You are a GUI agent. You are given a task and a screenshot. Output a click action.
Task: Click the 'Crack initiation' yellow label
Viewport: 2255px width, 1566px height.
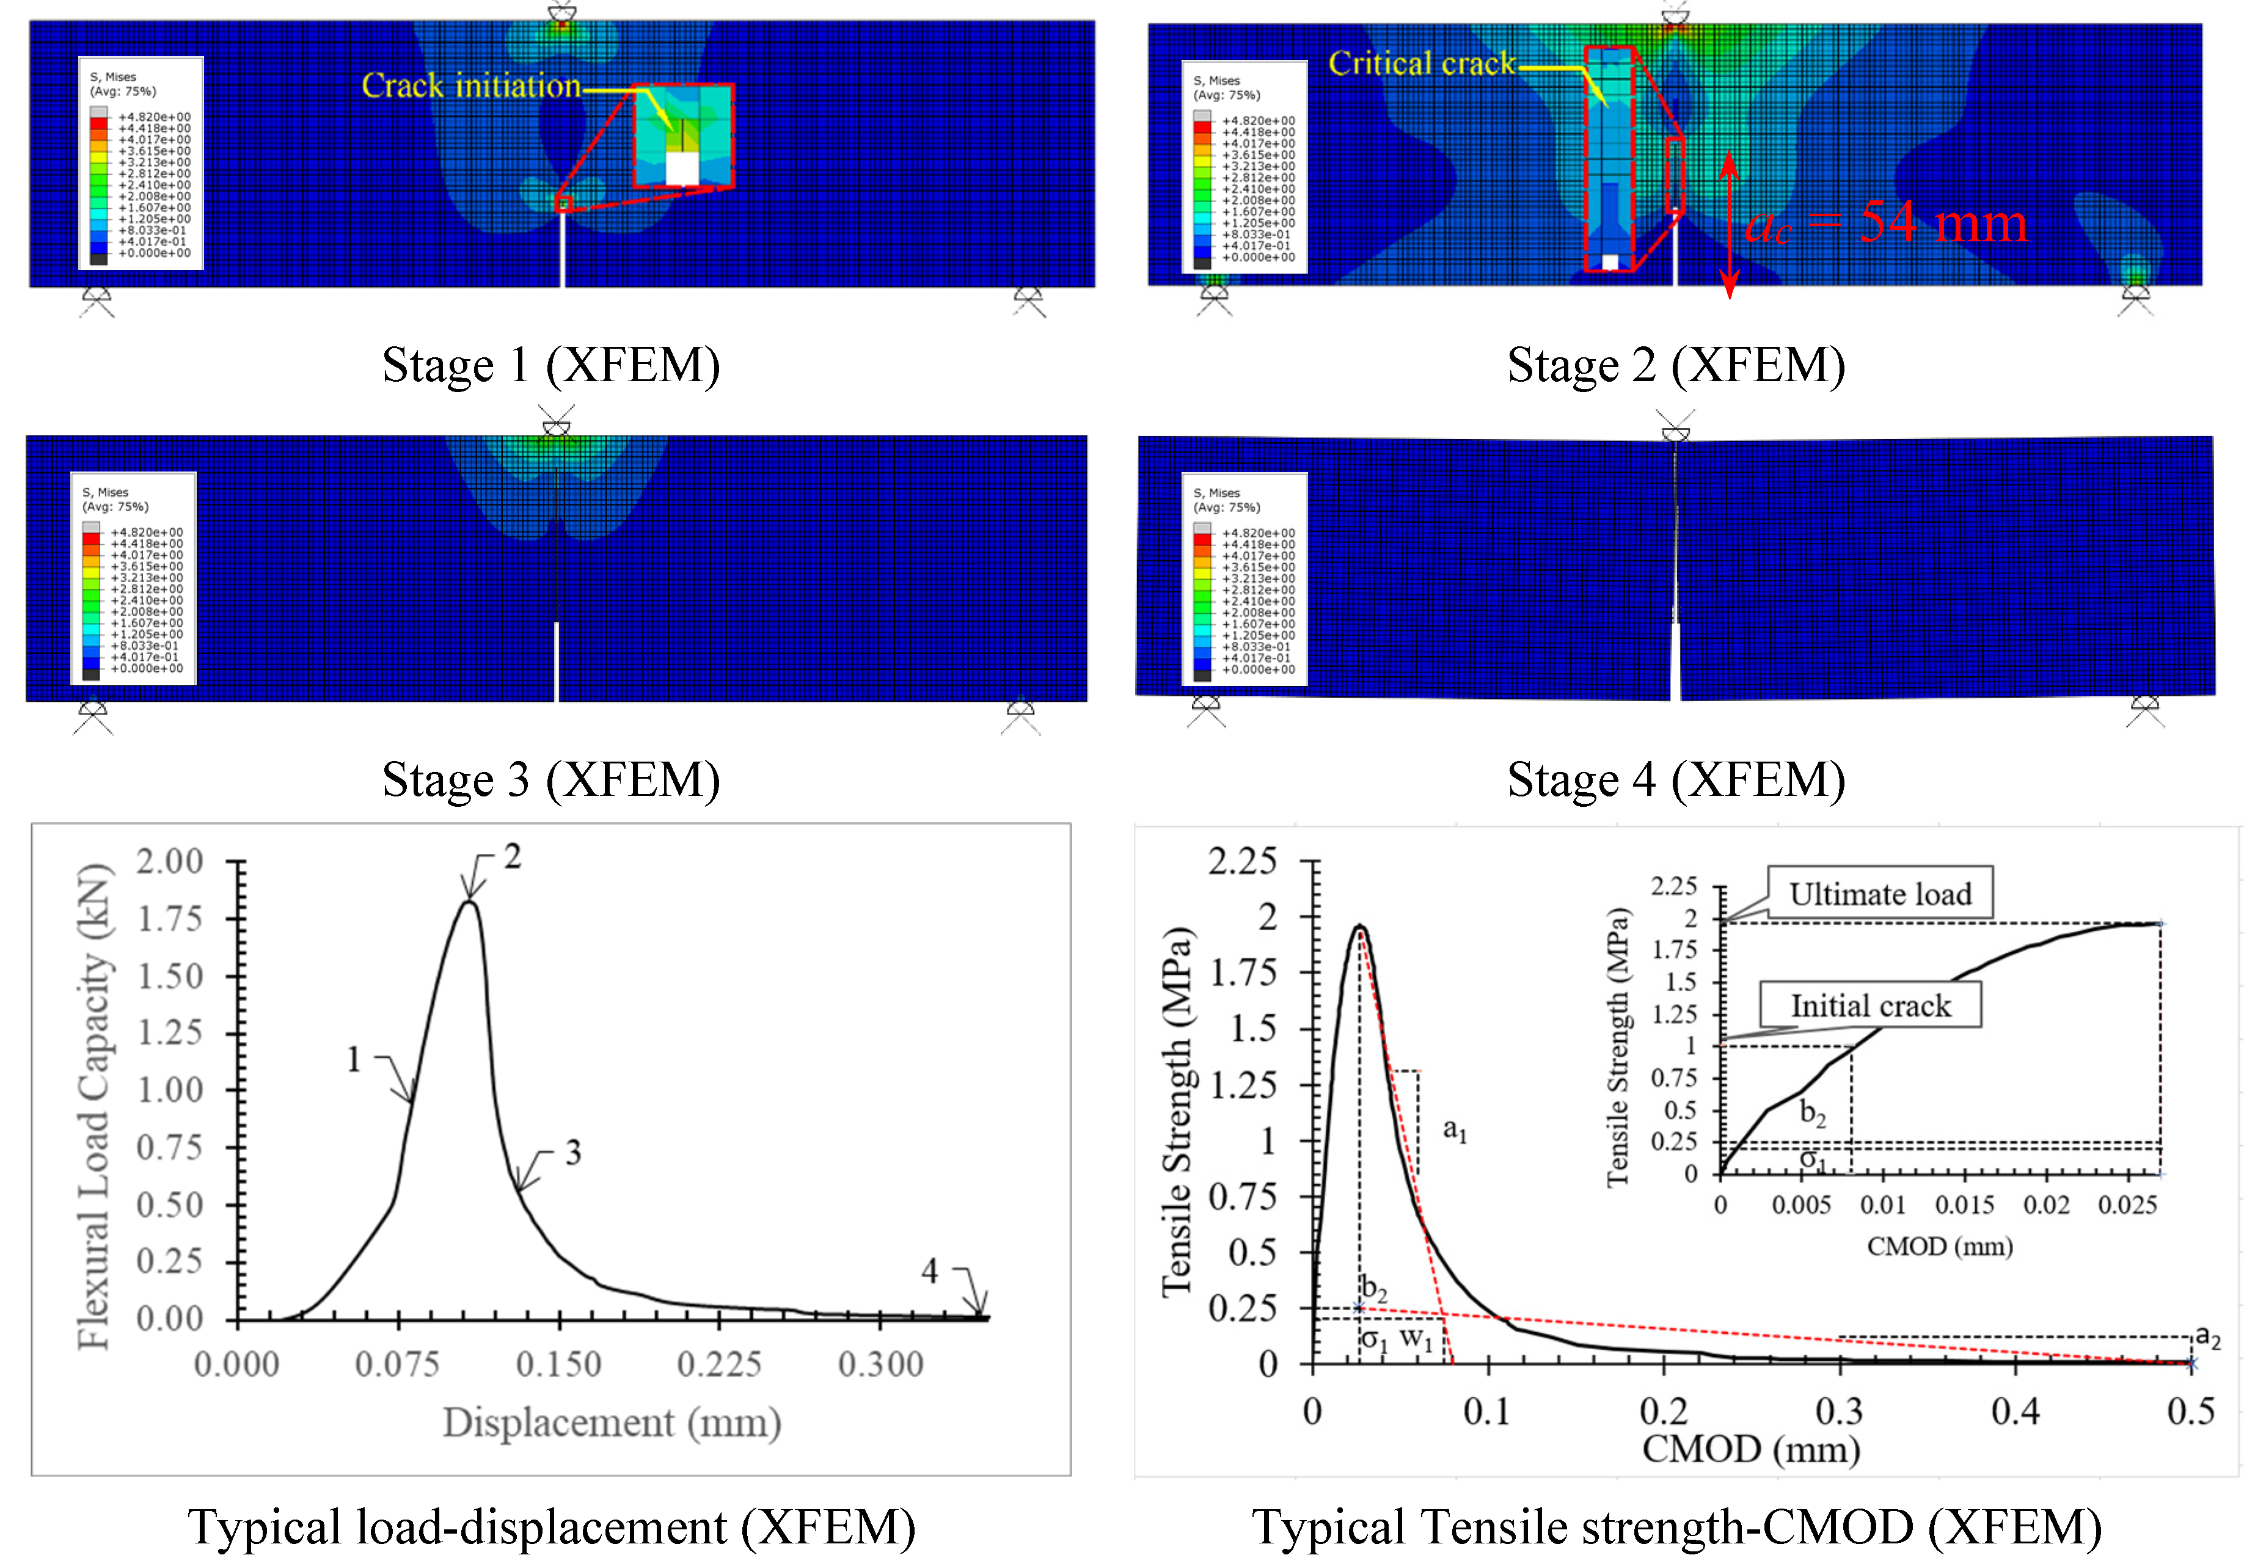(471, 86)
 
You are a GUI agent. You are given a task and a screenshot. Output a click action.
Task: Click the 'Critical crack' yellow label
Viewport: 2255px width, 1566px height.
(1421, 64)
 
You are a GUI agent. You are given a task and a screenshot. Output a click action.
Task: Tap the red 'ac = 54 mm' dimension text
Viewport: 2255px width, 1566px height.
(1885, 223)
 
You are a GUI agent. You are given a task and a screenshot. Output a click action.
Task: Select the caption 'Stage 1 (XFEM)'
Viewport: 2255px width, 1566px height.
(550, 365)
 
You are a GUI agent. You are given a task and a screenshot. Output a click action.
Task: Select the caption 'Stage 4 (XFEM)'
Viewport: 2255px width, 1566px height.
(1675, 780)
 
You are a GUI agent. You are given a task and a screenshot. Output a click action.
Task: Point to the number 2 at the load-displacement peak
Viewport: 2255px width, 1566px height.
(512, 856)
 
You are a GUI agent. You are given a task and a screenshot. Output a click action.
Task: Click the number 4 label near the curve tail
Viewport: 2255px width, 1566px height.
(929, 1272)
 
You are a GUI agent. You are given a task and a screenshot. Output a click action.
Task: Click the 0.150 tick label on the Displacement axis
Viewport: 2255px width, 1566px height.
(558, 1364)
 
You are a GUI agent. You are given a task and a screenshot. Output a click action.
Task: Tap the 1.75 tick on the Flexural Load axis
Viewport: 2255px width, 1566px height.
(170, 919)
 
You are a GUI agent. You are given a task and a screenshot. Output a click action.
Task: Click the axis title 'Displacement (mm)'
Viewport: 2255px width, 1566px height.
(612, 1422)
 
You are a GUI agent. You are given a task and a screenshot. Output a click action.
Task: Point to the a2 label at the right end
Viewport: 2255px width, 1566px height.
(2208, 1336)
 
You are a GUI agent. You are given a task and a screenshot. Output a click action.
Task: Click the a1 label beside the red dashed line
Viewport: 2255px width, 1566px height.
(1454, 1131)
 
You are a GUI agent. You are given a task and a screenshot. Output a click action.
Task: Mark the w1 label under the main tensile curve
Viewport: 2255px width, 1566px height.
(1415, 1338)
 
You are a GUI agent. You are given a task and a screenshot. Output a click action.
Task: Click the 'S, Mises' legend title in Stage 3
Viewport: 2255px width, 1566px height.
(105, 492)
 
